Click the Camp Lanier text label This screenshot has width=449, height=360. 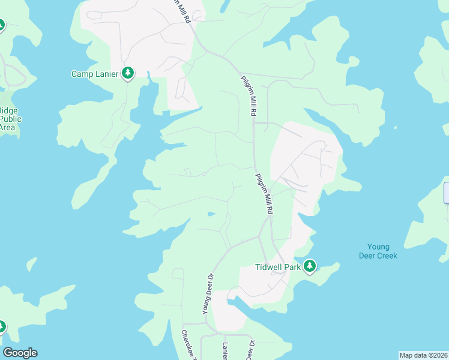[95, 74]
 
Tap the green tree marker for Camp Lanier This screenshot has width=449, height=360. [128, 73]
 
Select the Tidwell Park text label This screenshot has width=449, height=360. [277, 267]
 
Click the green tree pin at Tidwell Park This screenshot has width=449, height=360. [309, 266]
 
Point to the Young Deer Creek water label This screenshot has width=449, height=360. [378, 251]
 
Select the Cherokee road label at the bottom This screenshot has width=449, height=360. [189, 346]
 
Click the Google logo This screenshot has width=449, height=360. [20, 353]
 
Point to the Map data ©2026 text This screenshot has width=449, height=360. [423, 355]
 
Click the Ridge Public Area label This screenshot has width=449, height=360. [10, 119]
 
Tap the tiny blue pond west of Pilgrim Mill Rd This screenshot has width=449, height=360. [211, 213]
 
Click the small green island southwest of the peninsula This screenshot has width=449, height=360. [32, 264]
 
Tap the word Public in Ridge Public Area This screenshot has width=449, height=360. [11, 119]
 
